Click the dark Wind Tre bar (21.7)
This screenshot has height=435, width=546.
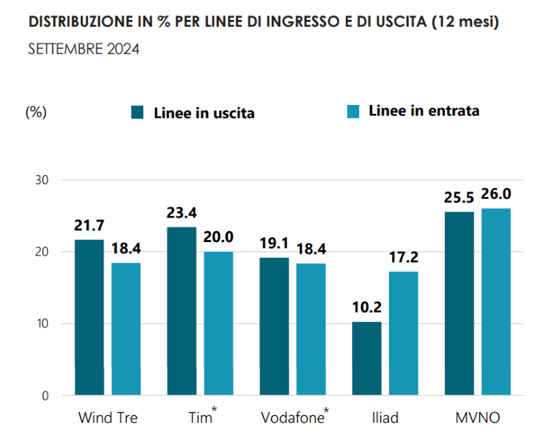(89, 317)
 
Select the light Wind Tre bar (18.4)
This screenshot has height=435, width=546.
(126, 329)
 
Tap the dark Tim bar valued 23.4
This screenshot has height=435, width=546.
(182, 311)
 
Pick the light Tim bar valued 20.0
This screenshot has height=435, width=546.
(218, 323)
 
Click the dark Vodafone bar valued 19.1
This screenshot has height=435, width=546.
(274, 326)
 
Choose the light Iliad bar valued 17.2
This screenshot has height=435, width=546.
(403, 333)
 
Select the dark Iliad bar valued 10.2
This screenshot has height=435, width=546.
(367, 358)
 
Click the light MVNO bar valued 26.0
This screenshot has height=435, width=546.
(495, 301)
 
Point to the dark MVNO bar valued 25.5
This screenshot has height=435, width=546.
(459, 303)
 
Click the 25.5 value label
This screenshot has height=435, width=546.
(459, 198)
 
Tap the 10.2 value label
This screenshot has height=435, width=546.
(367, 308)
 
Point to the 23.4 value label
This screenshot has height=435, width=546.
(182, 213)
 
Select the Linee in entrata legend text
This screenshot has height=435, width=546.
(424, 110)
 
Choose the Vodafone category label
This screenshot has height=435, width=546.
(292, 417)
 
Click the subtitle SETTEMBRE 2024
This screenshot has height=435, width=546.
(84, 50)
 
